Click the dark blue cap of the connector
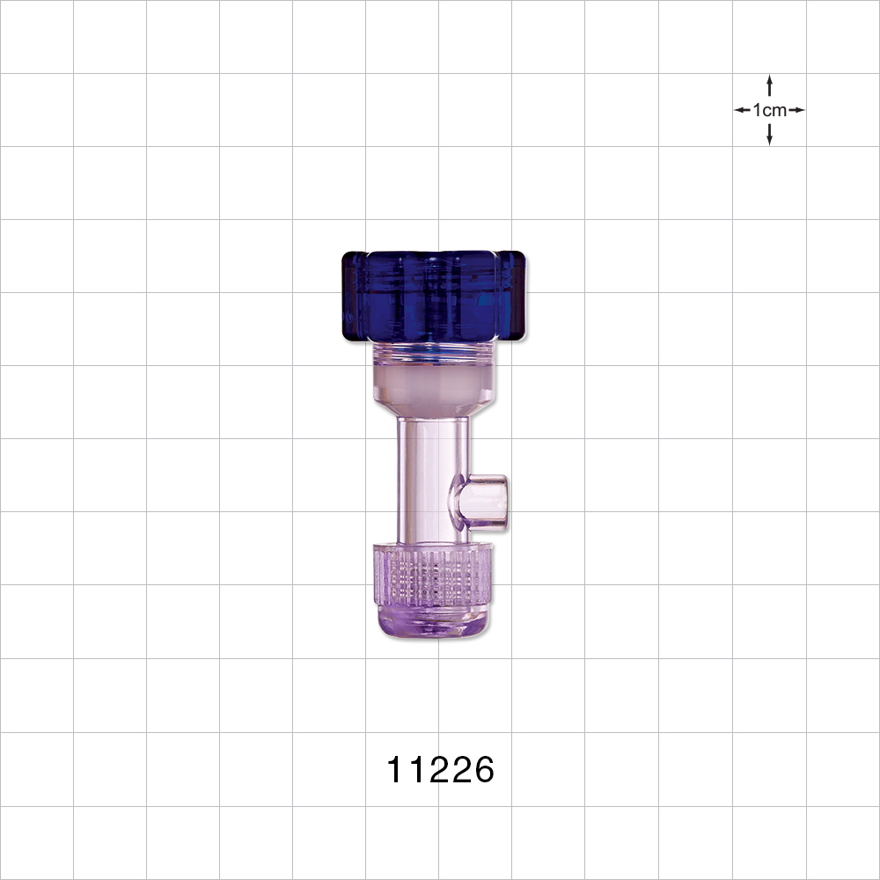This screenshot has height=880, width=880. [x=434, y=295]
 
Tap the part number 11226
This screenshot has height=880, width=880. [x=441, y=771]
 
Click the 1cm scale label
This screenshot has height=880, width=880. [x=770, y=110]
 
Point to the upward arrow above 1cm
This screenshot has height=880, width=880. [x=770, y=84]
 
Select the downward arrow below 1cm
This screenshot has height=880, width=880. [x=770, y=136]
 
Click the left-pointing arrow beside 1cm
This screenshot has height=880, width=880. [x=742, y=110]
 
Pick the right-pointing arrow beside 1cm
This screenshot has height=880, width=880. [x=797, y=110]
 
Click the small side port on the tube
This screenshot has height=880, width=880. [x=481, y=502]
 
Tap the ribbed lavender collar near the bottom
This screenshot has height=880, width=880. [x=431, y=576]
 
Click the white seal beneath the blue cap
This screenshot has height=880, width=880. [x=431, y=385]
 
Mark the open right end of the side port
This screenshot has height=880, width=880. [x=504, y=502]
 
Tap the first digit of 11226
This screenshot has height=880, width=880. [x=396, y=771]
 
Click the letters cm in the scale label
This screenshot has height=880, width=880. [x=776, y=110]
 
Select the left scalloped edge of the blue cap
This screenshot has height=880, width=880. [x=348, y=295]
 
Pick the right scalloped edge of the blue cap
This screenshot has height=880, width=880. [x=521, y=295]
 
